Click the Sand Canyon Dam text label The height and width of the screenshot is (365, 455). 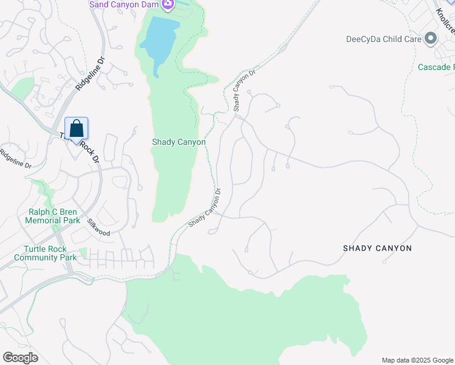124,5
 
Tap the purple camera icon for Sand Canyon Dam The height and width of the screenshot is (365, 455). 168,5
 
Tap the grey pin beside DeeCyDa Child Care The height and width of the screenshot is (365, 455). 431,39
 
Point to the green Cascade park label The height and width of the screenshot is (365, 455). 436,66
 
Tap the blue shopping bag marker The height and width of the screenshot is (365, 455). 76,130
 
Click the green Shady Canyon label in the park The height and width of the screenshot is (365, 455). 178,142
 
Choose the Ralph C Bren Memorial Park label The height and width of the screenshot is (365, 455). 54,216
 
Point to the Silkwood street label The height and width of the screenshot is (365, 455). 98,228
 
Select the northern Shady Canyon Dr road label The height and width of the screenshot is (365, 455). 242,90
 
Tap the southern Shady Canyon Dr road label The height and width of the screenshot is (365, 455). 204,208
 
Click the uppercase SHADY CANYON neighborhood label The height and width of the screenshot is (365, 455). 377,248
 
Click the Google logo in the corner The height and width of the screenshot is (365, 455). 20,358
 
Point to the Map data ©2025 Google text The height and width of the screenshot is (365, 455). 417,360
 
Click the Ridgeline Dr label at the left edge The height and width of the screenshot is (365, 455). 16,159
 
